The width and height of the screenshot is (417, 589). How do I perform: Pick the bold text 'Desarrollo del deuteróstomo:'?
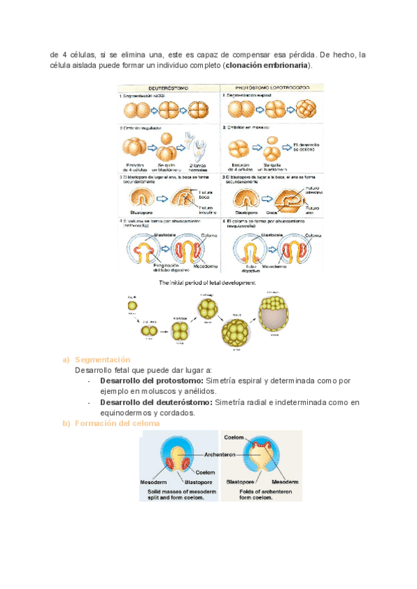click(156, 402)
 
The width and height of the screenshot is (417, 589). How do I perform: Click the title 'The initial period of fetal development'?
click(207, 283)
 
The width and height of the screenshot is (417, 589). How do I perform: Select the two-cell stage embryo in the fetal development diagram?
click(148, 331)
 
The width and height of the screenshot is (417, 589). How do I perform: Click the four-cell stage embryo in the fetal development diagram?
click(181, 331)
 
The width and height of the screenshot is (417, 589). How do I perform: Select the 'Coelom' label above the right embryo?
click(234, 437)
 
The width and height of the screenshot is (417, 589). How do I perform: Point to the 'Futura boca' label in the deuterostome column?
click(206, 195)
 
